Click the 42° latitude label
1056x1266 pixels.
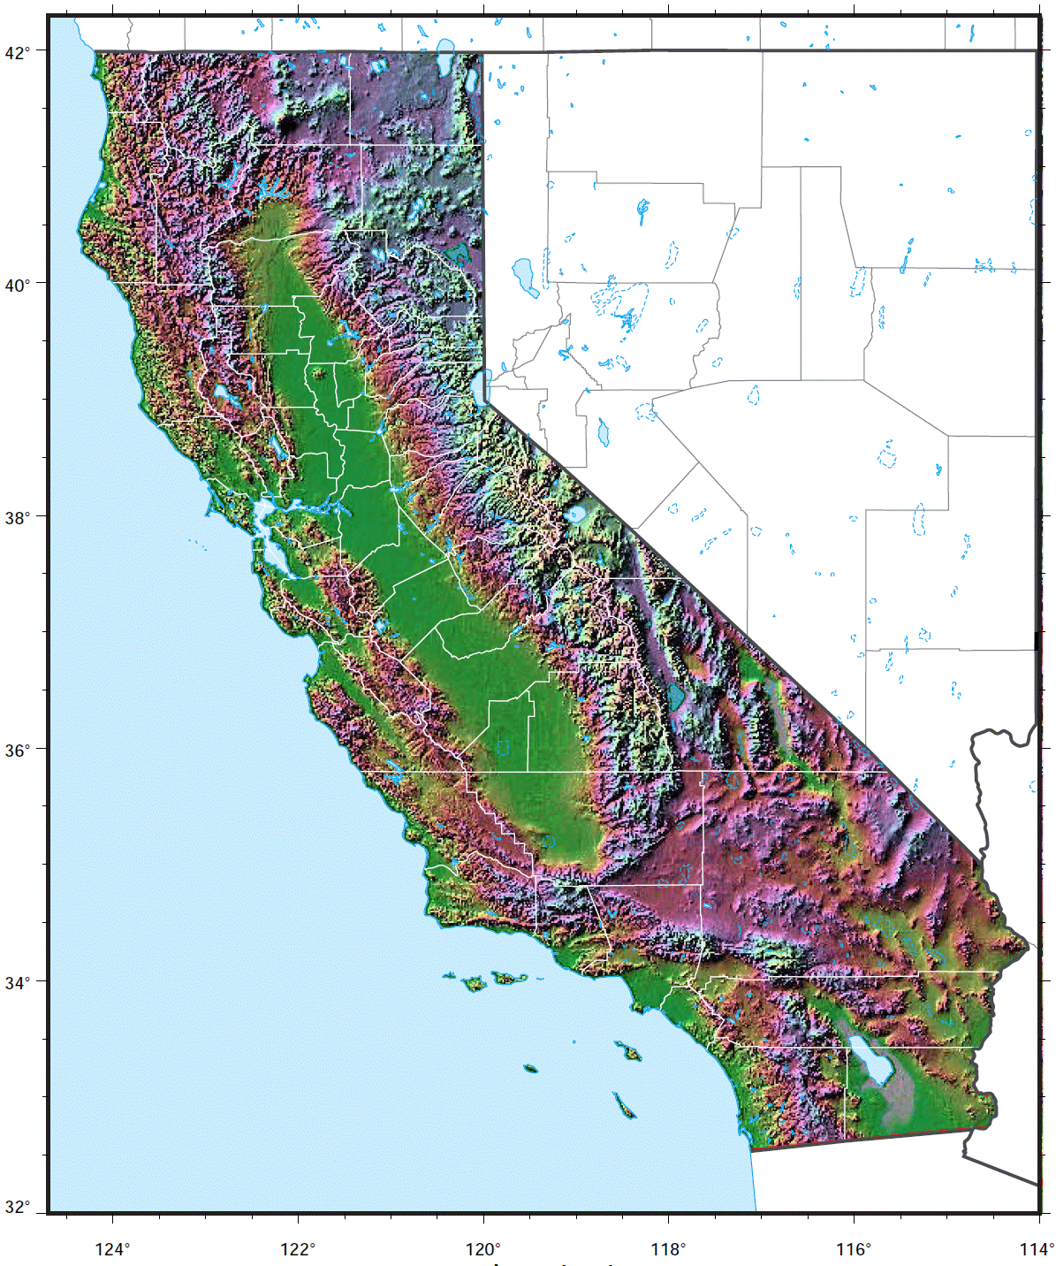click(x=18, y=52)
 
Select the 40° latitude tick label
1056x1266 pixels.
click(x=18, y=285)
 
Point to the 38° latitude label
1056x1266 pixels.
click(x=18, y=517)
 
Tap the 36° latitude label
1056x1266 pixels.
click(x=18, y=750)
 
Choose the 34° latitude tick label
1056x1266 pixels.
click(x=18, y=982)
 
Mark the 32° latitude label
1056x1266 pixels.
click(x=18, y=1208)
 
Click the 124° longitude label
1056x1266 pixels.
click(x=113, y=1248)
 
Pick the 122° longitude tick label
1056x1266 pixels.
click(x=298, y=1248)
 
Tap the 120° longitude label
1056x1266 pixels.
click(x=483, y=1248)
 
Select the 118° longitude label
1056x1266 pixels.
click(x=668, y=1248)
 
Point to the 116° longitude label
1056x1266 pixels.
click(x=854, y=1248)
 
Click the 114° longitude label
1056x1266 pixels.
click(x=1037, y=1248)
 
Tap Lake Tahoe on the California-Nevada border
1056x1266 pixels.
click(x=484, y=385)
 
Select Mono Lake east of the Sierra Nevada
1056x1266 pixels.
click(x=576, y=513)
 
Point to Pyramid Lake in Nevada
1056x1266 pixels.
click(x=525, y=277)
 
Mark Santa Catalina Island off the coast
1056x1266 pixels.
click(x=629, y=1051)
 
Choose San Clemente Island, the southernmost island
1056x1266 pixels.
click(x=626, y=1105)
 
